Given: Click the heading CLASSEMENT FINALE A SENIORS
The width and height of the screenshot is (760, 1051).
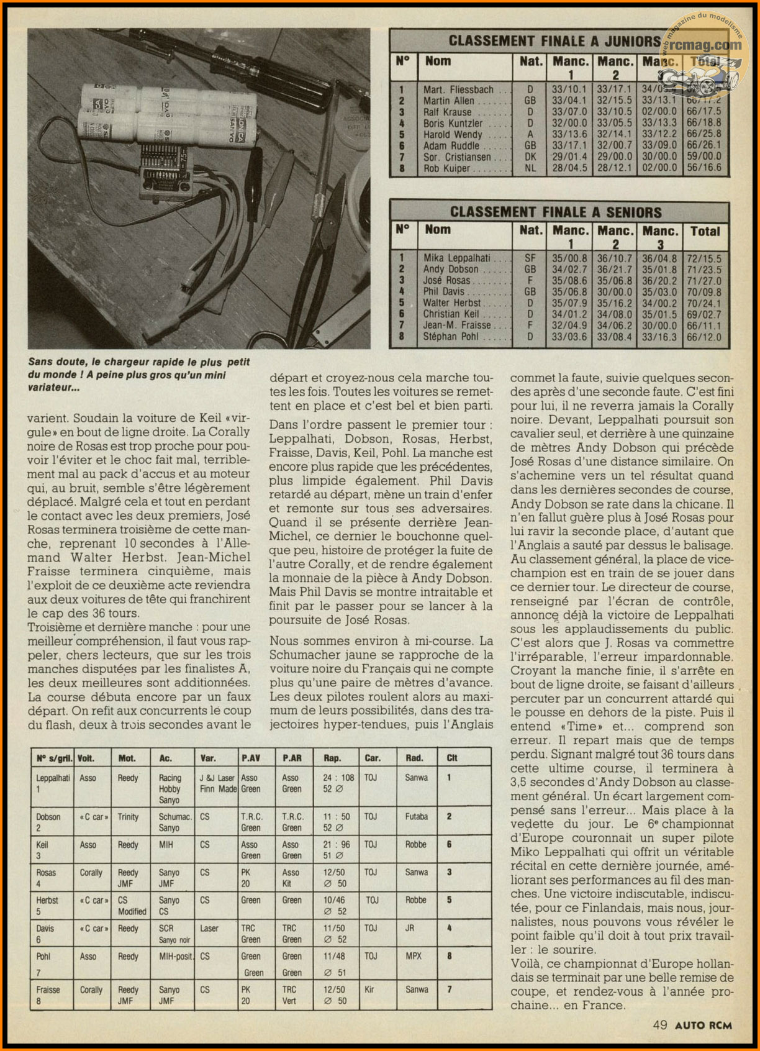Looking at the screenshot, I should (x=556, y=212).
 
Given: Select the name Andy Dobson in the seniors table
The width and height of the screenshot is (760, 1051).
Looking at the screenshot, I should (x=451, y=269).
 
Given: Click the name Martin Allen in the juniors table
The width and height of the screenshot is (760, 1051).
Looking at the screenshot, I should (x=449, y=101).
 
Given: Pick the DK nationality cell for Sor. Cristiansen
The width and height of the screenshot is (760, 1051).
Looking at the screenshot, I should (x=530, y=157).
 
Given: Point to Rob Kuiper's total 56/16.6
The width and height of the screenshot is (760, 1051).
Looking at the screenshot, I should (x=704, y=168).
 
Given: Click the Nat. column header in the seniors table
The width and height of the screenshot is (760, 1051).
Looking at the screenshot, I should (x=530, y=230).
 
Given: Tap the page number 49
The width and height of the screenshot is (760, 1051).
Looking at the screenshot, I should (x=659, y=1025).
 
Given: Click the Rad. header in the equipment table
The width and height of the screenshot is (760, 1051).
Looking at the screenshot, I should (x=414, y=758).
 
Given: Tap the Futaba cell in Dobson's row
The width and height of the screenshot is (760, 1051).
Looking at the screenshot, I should (x=416, y=817).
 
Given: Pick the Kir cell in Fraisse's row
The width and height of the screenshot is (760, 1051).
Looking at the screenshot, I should (x=369, y=990).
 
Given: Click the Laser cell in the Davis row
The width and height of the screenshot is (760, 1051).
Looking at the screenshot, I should (x=209, y=928).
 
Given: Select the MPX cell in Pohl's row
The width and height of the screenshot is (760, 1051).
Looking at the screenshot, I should (x=414, y=956).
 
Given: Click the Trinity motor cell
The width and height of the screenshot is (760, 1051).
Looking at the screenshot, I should (x=128, y=817).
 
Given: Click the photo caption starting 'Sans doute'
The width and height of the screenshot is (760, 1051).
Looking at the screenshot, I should (x=138, y=375).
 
